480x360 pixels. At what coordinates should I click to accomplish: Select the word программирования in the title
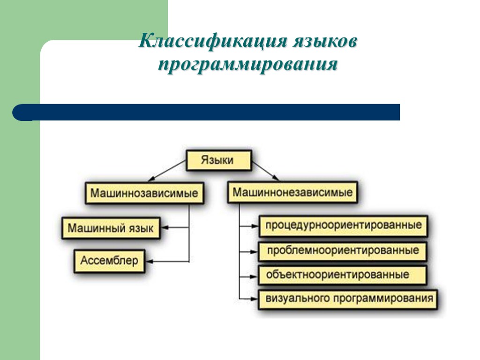pos(248,65)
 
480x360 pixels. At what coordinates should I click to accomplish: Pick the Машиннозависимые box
pos(144,193)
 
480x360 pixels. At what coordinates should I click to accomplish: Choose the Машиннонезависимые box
pos(293,192)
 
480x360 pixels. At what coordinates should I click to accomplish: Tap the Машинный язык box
pos(110,229)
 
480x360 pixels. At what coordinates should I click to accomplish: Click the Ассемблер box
pos(109,261)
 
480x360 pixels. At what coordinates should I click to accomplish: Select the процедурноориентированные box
pos(344,225)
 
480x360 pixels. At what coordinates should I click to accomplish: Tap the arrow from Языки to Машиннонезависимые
pos(265,172)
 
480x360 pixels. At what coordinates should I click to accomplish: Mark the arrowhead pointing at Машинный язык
pos(165,229)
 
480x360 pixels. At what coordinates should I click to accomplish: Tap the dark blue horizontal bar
pos(206,112)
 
